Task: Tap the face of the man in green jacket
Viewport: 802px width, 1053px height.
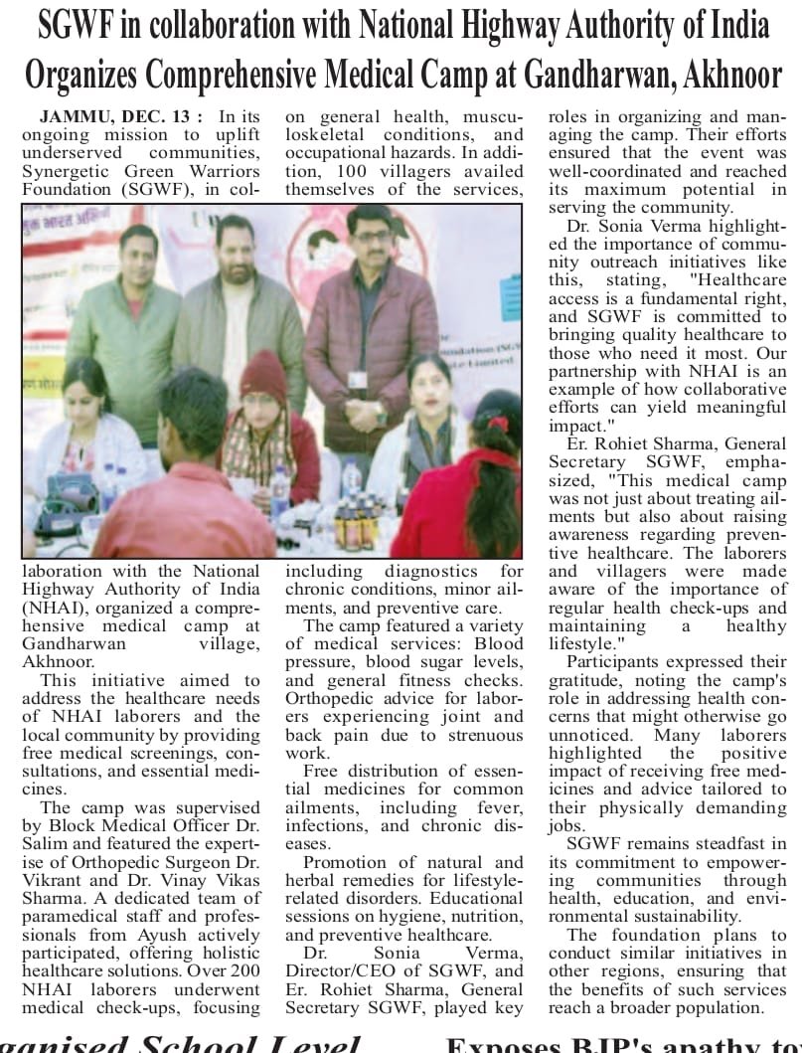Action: pos(139,250)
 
